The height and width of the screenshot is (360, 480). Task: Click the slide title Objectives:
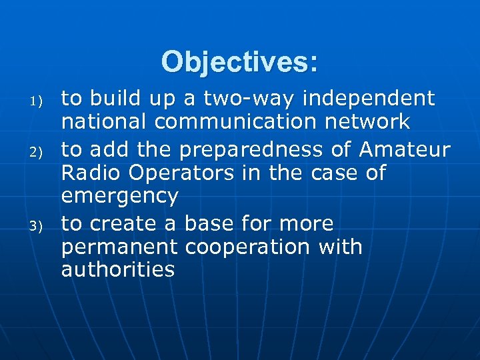pyautogui.click(x=239, y=62)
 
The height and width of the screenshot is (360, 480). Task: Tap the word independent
pyautogui.click(x=369, y=99)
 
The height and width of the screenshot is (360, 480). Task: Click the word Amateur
pyautogui.click(x=405, y=148)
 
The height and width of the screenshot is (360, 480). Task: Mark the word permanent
pyautogui.click(x=119, y=247)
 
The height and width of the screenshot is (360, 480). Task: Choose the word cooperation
pyautogui.click(x=247, y=247)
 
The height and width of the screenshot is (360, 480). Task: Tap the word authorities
pyautogui.click(x=118, y=270)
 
